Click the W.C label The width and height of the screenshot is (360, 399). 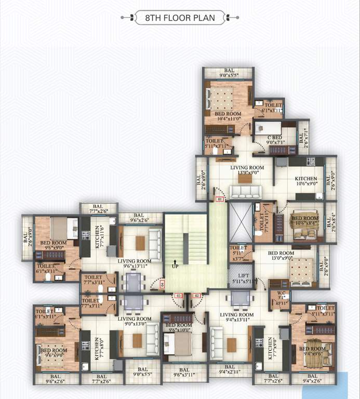281,298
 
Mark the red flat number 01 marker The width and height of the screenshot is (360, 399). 220,199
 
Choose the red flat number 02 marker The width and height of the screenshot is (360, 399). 196,295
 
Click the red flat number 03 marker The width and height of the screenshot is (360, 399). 178,295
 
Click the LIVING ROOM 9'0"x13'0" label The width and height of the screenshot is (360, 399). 134,321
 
